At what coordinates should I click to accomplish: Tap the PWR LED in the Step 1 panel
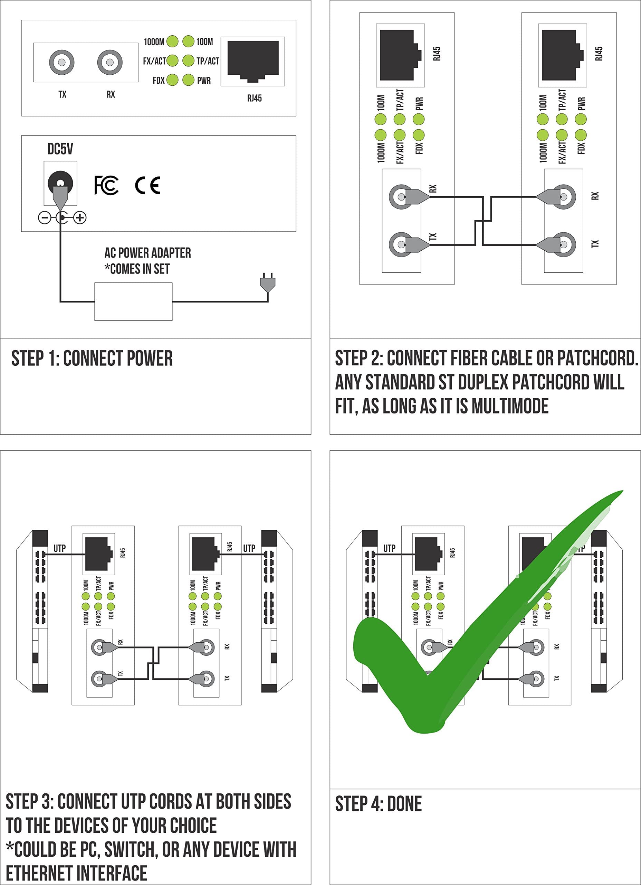pos(188,80)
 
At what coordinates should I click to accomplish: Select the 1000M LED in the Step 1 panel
pos(172,41)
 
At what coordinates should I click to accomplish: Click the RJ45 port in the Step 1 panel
pos(253,61)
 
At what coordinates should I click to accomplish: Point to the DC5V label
pos(60,149)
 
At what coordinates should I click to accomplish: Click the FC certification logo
pos(106,185)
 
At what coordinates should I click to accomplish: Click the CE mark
pos(148,185)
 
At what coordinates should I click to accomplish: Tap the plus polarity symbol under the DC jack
pos(80,218)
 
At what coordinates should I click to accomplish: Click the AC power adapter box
pos(133,302)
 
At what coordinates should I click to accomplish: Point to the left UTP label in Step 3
pos(60,548)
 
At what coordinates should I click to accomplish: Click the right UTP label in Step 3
pos(249,548)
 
